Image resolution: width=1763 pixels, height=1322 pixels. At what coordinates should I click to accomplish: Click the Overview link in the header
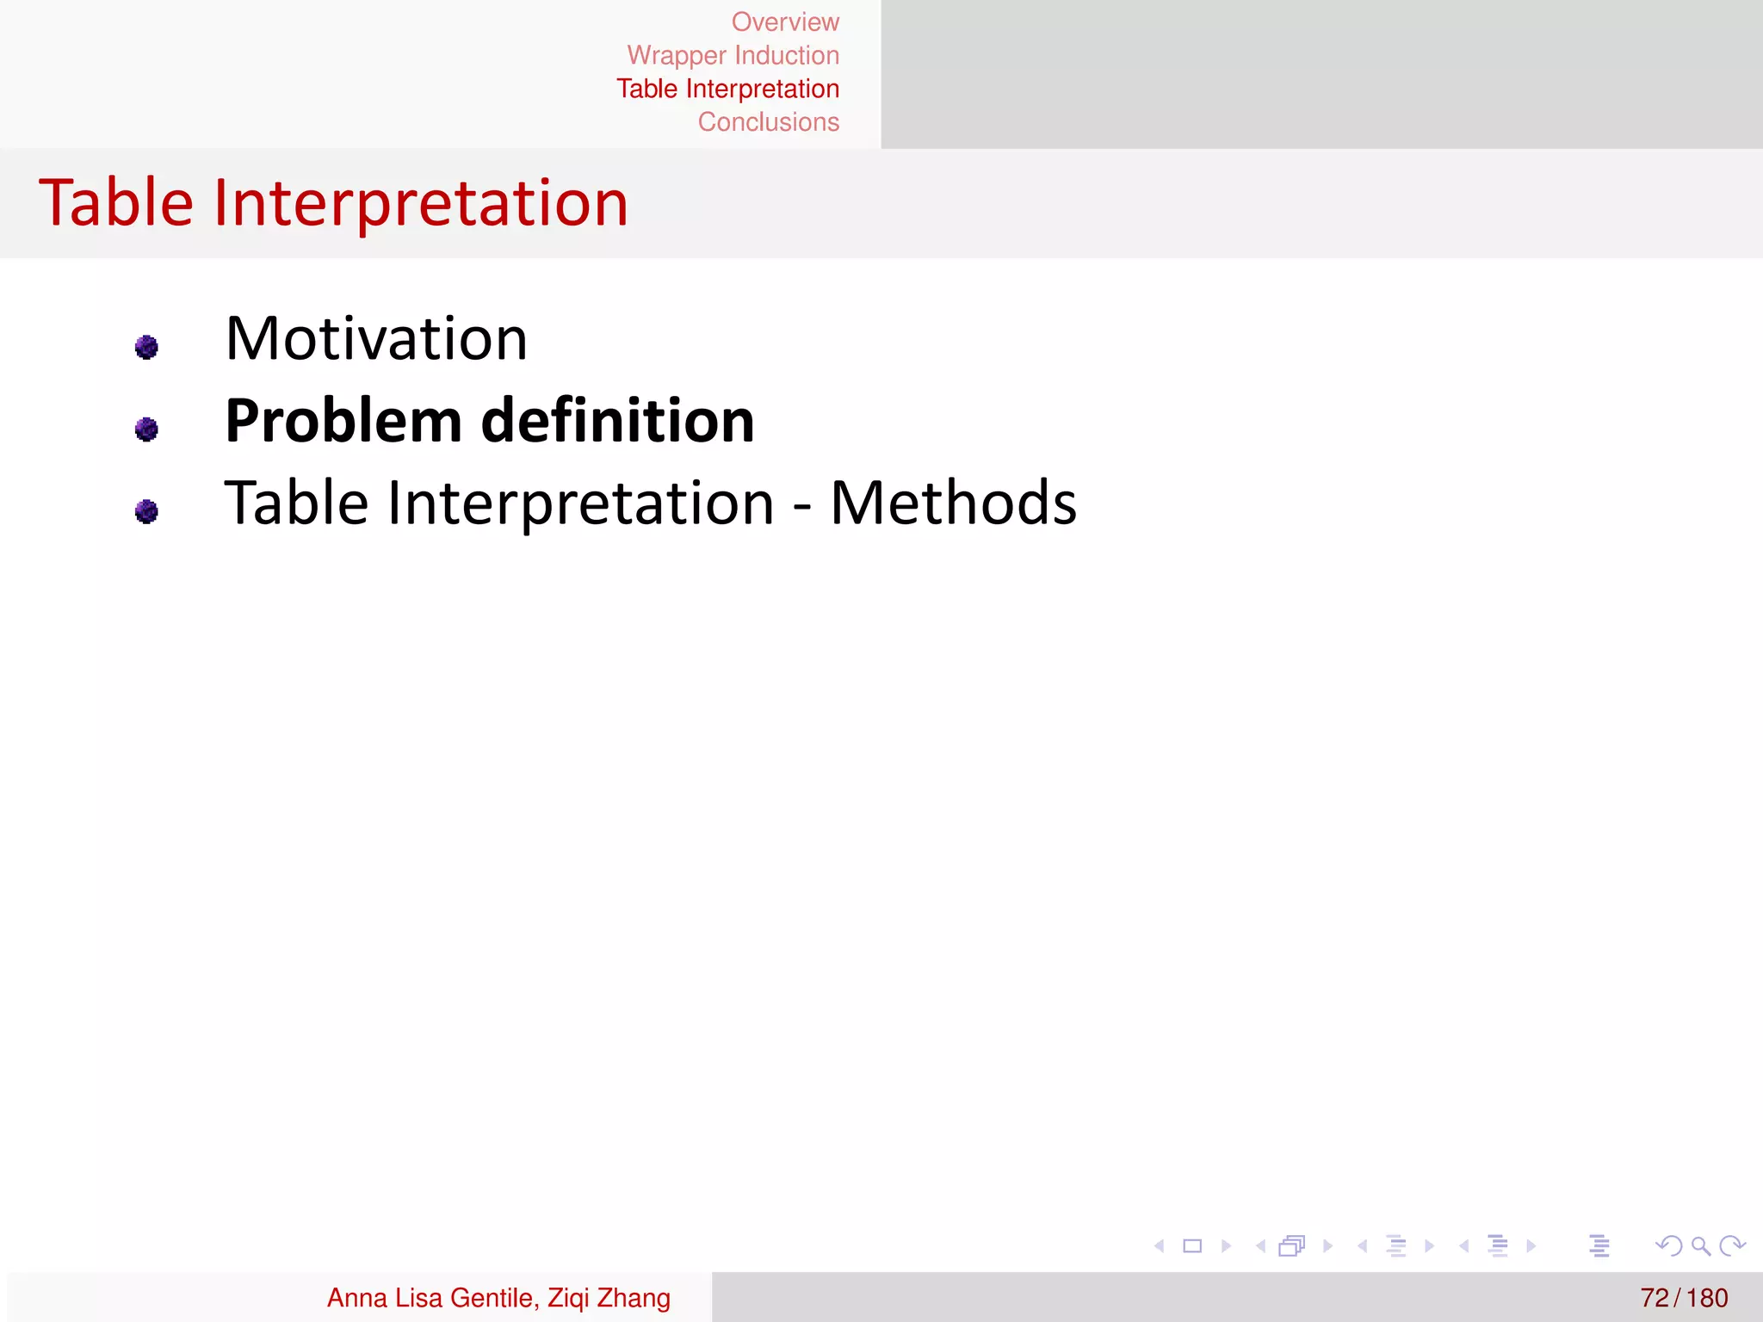pyautogui.click(x=785, y=22)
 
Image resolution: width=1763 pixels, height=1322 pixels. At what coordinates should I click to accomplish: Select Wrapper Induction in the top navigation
pyautogui.click(x=733, y=55)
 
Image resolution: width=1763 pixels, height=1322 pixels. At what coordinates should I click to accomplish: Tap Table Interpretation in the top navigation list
pyautogui.click(x=727, y=89)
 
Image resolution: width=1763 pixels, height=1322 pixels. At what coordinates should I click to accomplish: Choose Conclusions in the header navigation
pyautogui.click(x=768, y=122)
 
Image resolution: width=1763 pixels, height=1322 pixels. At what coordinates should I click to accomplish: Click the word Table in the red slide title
pyautogui.click(x=116, y=203)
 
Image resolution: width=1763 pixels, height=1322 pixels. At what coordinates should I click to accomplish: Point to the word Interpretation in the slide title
pyautogui.click(x=421, y=203)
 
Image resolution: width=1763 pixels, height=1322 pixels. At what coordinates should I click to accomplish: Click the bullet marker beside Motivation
pyautogui.click(x=146, y=347)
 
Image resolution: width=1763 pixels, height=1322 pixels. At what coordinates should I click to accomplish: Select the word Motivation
pyautogui.click(x=376, y=338)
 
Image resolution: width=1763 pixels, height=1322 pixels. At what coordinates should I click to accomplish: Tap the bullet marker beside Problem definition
pyautogui.click(x=146, y=429)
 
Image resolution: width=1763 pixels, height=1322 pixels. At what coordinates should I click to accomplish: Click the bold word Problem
pyautogui.click(x=343, y=421)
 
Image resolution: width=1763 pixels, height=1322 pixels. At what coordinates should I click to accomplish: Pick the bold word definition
pyautogui.click(x=617, y=421)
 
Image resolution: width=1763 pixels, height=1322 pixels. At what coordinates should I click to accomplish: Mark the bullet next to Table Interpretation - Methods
pyautogui.click(x=146, y=511)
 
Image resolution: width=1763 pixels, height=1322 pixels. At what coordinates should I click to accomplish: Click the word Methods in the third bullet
pyautogui.click(x=953, y=503)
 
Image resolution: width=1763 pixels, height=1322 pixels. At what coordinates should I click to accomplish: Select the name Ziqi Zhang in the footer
pyautogui.click(x=609, y=1297)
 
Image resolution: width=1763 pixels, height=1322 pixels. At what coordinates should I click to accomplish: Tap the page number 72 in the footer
pyautogui.click(x=1654, y=1297)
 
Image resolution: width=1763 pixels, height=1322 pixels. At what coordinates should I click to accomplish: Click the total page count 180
pyautogui.click(x=1707, y=1297)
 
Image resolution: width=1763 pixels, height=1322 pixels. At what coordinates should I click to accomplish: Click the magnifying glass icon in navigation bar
pyautogui.click(x=1700, y=1245)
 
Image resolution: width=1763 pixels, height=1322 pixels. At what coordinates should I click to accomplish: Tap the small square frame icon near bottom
pyautogui.click(x=1192, y=1245)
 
